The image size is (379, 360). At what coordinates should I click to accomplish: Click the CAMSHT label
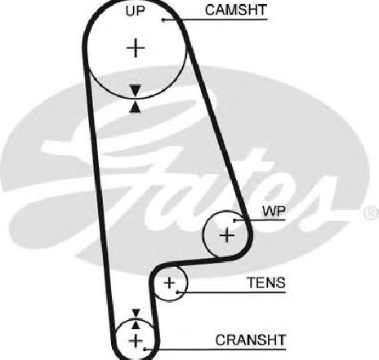click(x=236, y=10)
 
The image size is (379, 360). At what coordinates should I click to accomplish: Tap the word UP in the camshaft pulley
click(x=136, y=11)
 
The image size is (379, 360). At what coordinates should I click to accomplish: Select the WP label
click(x=274, y=211)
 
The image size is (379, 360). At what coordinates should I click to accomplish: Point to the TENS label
click(x=266, y=282)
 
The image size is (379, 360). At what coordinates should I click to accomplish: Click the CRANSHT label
click(x=251, y=340)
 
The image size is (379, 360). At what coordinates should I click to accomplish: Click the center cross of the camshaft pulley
click(x=136, y=48)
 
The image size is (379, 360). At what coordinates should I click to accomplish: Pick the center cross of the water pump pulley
click(x=226, y=235)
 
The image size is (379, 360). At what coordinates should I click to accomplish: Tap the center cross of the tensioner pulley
click(x=169, y=283)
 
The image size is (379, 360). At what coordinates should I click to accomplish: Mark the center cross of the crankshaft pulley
click(x=136, y=340)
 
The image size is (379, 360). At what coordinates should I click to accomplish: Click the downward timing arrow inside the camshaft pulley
click(x=136, y=90)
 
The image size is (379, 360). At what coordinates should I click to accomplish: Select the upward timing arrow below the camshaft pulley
click(x=136, y=106)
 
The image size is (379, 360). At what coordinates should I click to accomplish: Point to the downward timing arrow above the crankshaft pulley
click(x=136, y=313)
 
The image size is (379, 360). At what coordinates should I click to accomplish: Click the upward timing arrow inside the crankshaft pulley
click(x=136, y=324)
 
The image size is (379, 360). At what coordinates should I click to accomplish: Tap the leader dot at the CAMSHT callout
click(x=163, y=20)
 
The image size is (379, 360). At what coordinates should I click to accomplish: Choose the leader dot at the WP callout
click(x=234, y=220)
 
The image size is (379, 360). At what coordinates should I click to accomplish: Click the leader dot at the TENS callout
click(x=177, y=292)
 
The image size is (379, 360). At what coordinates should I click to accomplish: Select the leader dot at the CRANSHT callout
click(x=145, y=349)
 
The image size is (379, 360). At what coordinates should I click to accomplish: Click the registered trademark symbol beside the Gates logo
click(x=372, y=213)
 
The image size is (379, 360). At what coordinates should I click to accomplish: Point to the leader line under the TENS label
click(x=231, y=292)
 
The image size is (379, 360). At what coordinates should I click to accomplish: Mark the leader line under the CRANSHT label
click(x=216, y=349)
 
